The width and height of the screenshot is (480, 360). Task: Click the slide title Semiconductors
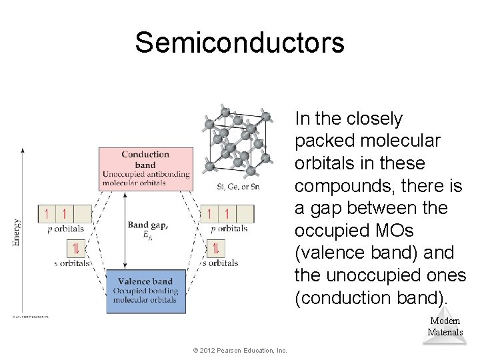point(239,43)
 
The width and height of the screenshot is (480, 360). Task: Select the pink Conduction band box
point(145,168)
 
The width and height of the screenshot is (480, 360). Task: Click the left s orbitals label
point(71,263)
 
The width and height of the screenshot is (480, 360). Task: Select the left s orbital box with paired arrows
point(76,249)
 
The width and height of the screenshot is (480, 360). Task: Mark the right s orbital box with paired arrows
point(216,249)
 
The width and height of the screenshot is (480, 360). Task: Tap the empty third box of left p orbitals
point(83,214)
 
